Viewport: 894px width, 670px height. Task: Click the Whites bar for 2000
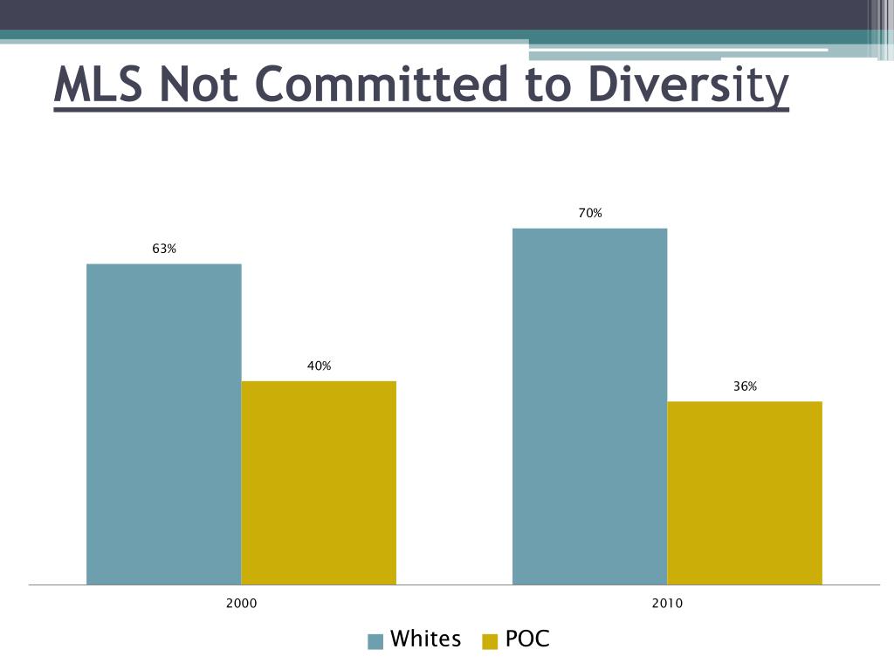(164, 424)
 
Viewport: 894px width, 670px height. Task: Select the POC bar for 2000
(319, 482)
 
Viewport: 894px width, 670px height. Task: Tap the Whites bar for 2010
(589, 406)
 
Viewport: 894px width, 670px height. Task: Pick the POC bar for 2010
(745, 493)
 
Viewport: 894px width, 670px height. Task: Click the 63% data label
(164, 250)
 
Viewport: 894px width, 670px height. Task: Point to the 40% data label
(319, 366)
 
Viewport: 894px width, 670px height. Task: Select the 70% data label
(590, 214)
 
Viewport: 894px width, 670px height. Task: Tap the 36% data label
(745, 386)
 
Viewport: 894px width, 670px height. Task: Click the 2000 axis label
(242, 603)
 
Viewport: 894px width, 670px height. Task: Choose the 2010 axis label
(667, 603)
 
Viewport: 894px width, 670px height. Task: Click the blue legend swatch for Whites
(376, 641)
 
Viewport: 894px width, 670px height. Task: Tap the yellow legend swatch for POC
(490, 641)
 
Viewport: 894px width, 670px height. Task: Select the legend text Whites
(425, 639)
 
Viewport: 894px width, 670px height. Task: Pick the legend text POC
(527, 639)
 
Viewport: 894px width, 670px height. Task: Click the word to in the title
(549, 85)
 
